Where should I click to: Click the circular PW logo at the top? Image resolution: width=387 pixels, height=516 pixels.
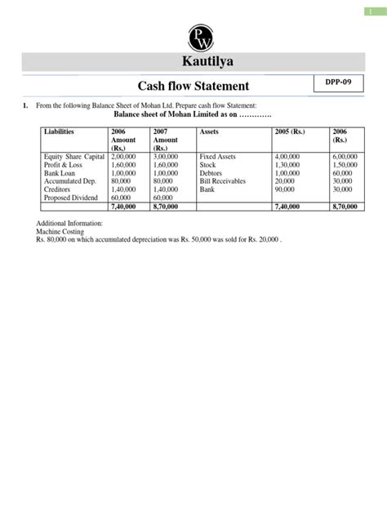pos(193,35)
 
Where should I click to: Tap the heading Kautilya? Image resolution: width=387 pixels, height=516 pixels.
pos(193,62)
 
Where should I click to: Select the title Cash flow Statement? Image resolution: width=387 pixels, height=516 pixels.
pos(193,86)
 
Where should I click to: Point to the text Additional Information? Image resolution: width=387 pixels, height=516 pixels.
pos(70,223)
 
